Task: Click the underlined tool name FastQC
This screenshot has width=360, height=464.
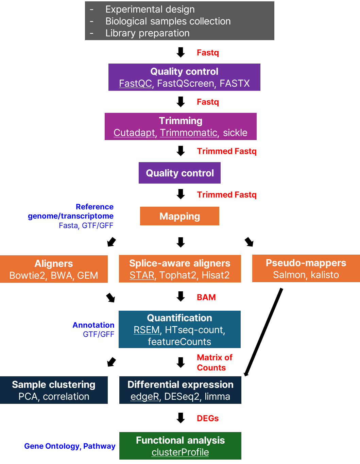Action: click(135, 84)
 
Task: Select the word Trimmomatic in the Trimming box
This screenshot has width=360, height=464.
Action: click(188, 133)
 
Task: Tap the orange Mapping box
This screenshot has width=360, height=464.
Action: click(179, 216)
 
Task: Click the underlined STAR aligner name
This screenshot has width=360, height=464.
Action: click(142, 275)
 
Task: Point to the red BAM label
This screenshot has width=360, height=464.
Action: click(206, 297)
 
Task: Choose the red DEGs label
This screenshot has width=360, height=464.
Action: click(207, 418)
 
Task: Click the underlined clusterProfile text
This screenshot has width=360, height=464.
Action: click(180, 452)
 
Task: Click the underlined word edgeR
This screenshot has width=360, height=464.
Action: click(144, 397)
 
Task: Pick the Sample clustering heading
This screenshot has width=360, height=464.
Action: click(54, 385)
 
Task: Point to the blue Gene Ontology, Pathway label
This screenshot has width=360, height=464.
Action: click(70, 446)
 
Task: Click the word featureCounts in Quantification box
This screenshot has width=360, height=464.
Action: click(179, 342)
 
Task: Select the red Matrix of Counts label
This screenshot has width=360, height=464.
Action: click(214, 363)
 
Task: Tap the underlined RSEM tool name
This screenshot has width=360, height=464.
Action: click(147, 330)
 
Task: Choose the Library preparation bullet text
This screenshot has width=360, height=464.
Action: click(147, 33)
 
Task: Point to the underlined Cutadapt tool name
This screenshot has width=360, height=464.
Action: click(134, 133)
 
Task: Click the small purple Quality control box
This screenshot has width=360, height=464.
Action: click(179, 173)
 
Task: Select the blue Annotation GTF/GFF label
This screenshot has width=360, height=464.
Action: click(94, 330)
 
